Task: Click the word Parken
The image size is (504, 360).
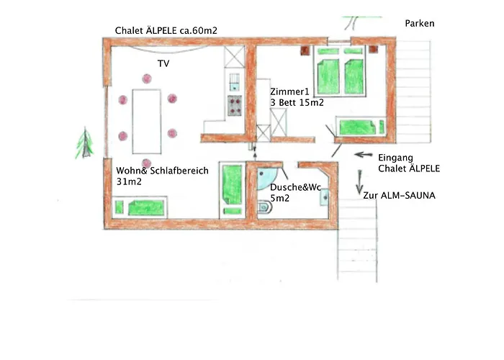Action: tap(420, 24)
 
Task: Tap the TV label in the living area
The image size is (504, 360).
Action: tap(163, 64)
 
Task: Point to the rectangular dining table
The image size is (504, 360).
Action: tap(148, 117)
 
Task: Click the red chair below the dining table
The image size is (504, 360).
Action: tap(147, 163)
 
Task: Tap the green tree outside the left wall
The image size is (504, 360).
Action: tap(85, 143)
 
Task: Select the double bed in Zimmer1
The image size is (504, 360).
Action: tap(338, 76)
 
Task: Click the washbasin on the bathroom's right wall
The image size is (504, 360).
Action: tap(325, 195)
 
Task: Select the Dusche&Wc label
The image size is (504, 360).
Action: tap(294, 187)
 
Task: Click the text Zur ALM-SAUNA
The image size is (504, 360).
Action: tap(400, 195)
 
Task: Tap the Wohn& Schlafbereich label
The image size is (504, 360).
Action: tap(162, 171)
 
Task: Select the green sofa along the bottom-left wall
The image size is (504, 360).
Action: tap(148, 209)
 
